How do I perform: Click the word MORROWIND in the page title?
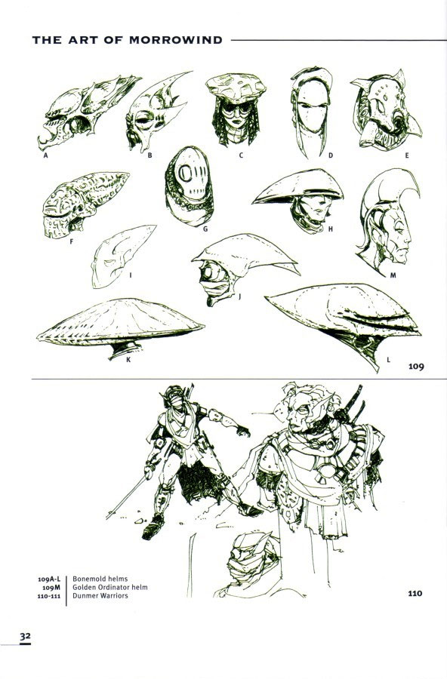(176, 40)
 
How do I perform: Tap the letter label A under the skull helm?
(45, 155)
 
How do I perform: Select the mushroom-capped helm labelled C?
(236, 109)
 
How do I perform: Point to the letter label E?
(407, 155)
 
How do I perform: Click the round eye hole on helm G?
(185, 174)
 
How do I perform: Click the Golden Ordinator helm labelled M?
(387, 222)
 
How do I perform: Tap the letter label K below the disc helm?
(128, 359)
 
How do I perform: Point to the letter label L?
(388, 359)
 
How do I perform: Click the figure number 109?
(416, 367)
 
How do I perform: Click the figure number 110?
(415, 593)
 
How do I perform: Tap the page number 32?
(25, 636)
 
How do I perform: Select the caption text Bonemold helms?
(100, 579)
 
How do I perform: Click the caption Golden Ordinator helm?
(110, 587)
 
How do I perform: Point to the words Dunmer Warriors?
(100, 595)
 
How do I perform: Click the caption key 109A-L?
(49, 579)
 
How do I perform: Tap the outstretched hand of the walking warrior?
(242, 430)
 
